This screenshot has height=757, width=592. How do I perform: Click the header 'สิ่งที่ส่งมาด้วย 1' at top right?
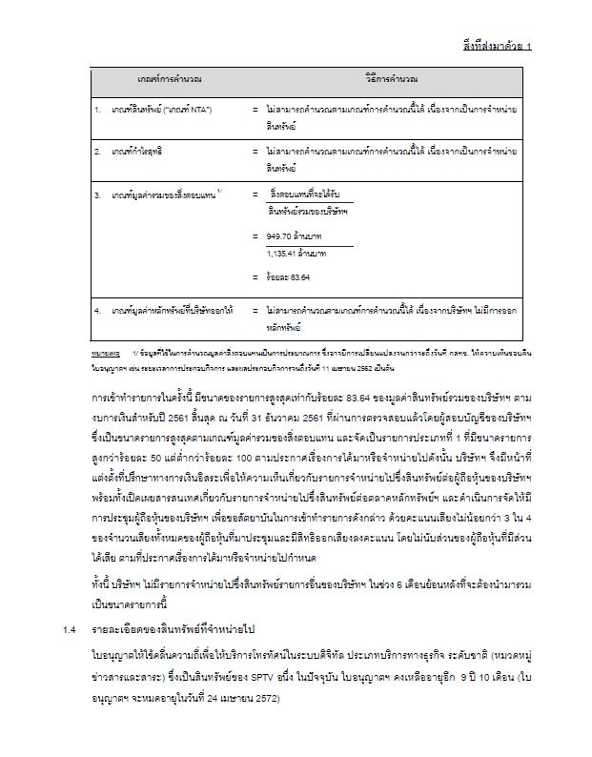coord(497,45)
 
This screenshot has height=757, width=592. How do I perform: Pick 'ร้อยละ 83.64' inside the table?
coord(290,277)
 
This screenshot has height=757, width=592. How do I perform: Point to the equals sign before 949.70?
coord(255,235)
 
